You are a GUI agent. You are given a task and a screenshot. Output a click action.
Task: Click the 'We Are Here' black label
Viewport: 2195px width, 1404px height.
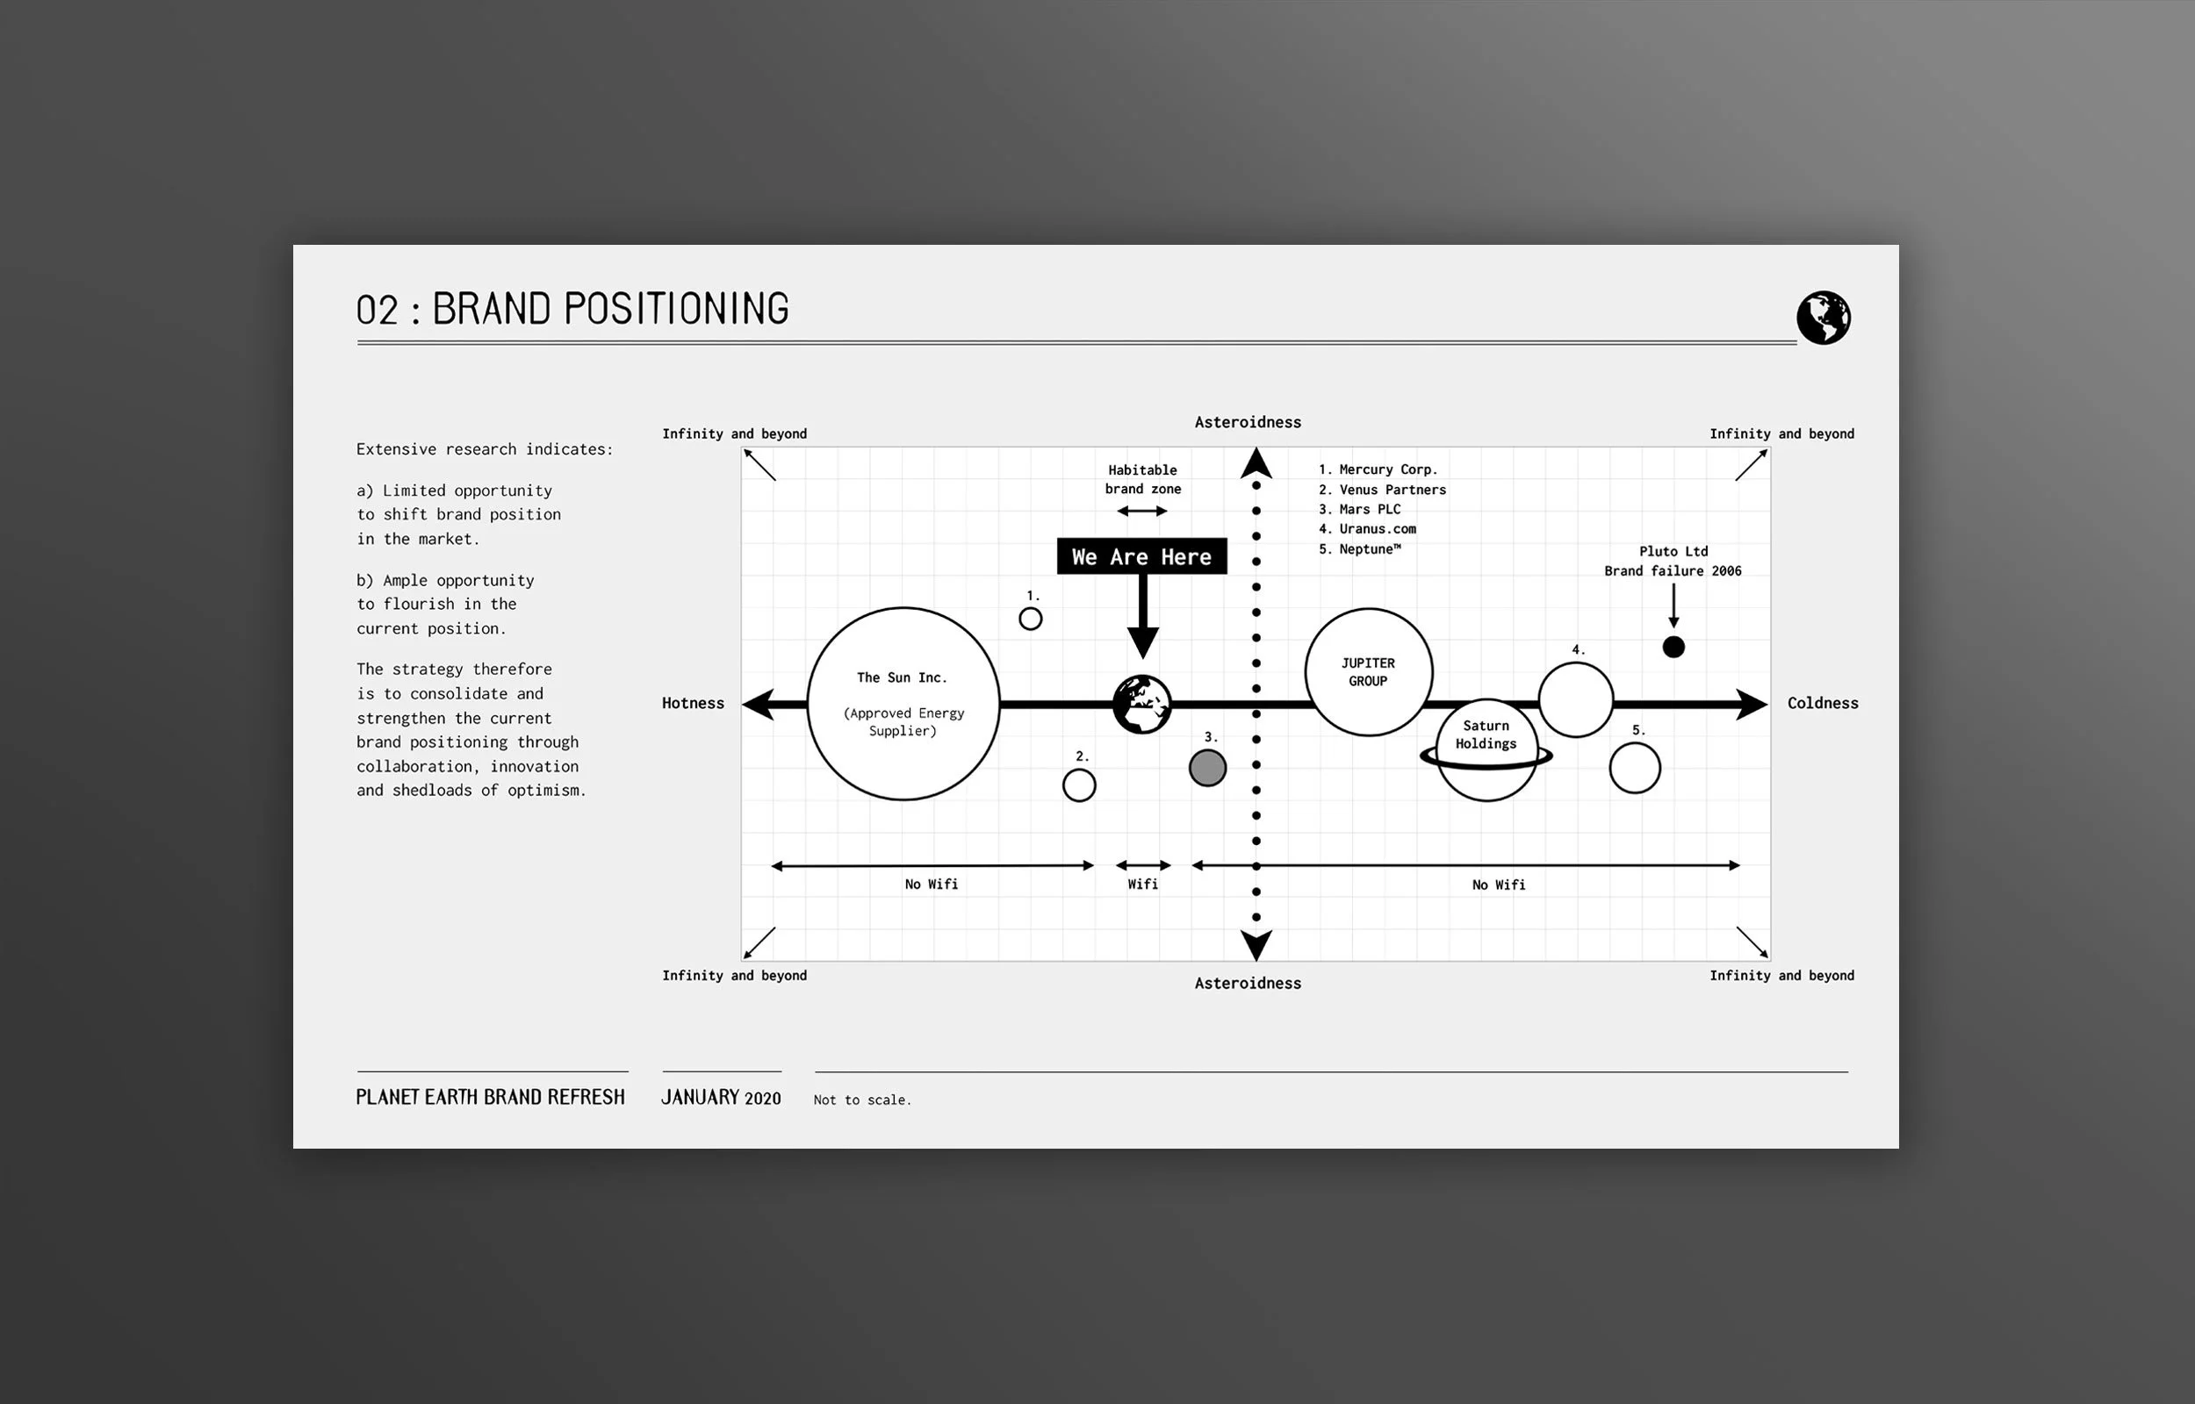(x=1141, y=556)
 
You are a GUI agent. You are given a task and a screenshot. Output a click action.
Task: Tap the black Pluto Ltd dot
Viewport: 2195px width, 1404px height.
(x=1673, y=648)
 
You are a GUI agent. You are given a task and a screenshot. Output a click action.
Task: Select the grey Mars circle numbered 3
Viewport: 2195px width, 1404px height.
(x=1207, y=768)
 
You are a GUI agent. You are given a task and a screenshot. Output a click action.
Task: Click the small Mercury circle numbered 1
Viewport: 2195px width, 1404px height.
(x=1031, y=619)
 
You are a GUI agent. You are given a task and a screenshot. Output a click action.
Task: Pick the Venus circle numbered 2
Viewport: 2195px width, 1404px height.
(x=1079, y=785)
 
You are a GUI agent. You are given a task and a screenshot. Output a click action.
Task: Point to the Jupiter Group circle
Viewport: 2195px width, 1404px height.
(x=1368, y=672)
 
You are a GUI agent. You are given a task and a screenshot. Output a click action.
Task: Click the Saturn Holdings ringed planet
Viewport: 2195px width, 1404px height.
(x=1486, y=749)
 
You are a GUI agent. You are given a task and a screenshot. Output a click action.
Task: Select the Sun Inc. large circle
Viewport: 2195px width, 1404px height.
(x=903, y=704)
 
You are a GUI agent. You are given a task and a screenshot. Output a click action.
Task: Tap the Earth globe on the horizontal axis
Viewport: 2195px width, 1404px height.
(x=1141, y=705)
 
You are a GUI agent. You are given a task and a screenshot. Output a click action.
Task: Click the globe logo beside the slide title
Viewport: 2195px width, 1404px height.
(x=1823, y=318)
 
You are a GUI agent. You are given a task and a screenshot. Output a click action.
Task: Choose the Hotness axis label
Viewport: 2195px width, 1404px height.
(x=693, y=703)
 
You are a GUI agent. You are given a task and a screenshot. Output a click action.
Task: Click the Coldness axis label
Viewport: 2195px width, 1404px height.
(x=1822, y=703)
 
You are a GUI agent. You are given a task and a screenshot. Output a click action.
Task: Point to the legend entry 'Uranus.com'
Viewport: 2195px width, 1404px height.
(x=1376, y=529)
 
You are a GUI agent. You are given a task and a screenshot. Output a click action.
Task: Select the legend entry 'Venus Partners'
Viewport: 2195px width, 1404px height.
(x=1392, y=490)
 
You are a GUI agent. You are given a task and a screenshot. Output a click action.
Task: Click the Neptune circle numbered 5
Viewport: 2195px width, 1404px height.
(x=1634, y=768)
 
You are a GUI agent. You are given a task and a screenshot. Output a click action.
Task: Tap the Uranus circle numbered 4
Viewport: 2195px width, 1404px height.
(x=1575, y=699)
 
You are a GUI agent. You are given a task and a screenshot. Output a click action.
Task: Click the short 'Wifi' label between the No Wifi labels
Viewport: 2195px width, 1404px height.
(x=1141, y=884)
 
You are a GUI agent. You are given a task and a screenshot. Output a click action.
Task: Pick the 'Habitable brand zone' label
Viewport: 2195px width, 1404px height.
(x=1142, y=479)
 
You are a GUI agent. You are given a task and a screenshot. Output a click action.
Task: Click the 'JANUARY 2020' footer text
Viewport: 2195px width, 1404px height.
(x=721, y=1098)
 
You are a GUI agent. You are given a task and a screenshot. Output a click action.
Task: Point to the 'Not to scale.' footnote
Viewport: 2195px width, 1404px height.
(x=862, y=1100)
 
